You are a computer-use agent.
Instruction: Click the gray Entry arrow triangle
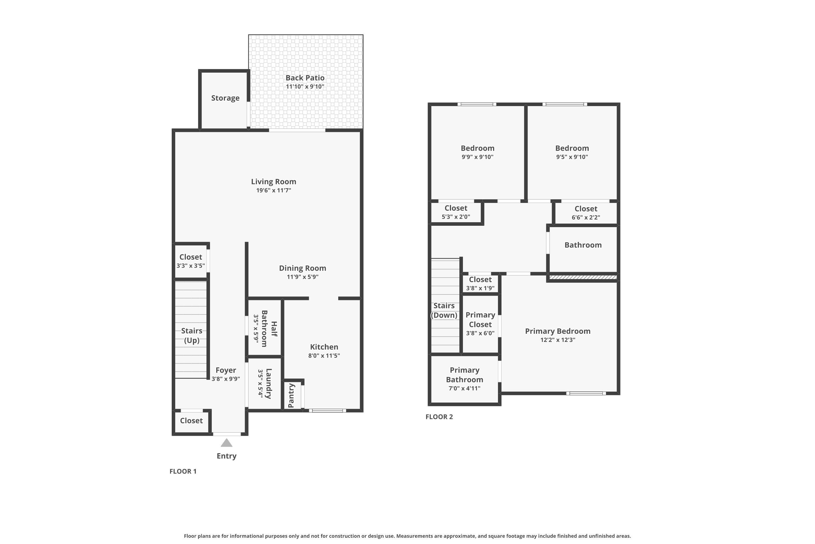[226, 443]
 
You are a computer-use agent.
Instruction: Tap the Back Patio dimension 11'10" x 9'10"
[305, 87]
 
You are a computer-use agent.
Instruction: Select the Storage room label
[225, 98]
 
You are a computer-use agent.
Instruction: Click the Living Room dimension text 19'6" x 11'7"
[273, 190]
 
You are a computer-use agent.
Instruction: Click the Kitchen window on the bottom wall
[327, 411]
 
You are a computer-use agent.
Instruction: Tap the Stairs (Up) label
[192, 335]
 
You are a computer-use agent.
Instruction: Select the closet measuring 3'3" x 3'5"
[191, 261]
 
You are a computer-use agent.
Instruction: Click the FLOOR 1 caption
[183, 471]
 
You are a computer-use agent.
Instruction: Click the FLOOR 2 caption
[439, 417]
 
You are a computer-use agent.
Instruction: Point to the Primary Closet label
[480, 320]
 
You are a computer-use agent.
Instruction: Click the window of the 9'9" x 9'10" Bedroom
[477, 104]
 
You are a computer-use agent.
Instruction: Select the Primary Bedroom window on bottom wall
[586, 393]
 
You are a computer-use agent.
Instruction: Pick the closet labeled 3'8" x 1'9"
[480, 283]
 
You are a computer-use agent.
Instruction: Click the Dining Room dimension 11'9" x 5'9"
[303, 277]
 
